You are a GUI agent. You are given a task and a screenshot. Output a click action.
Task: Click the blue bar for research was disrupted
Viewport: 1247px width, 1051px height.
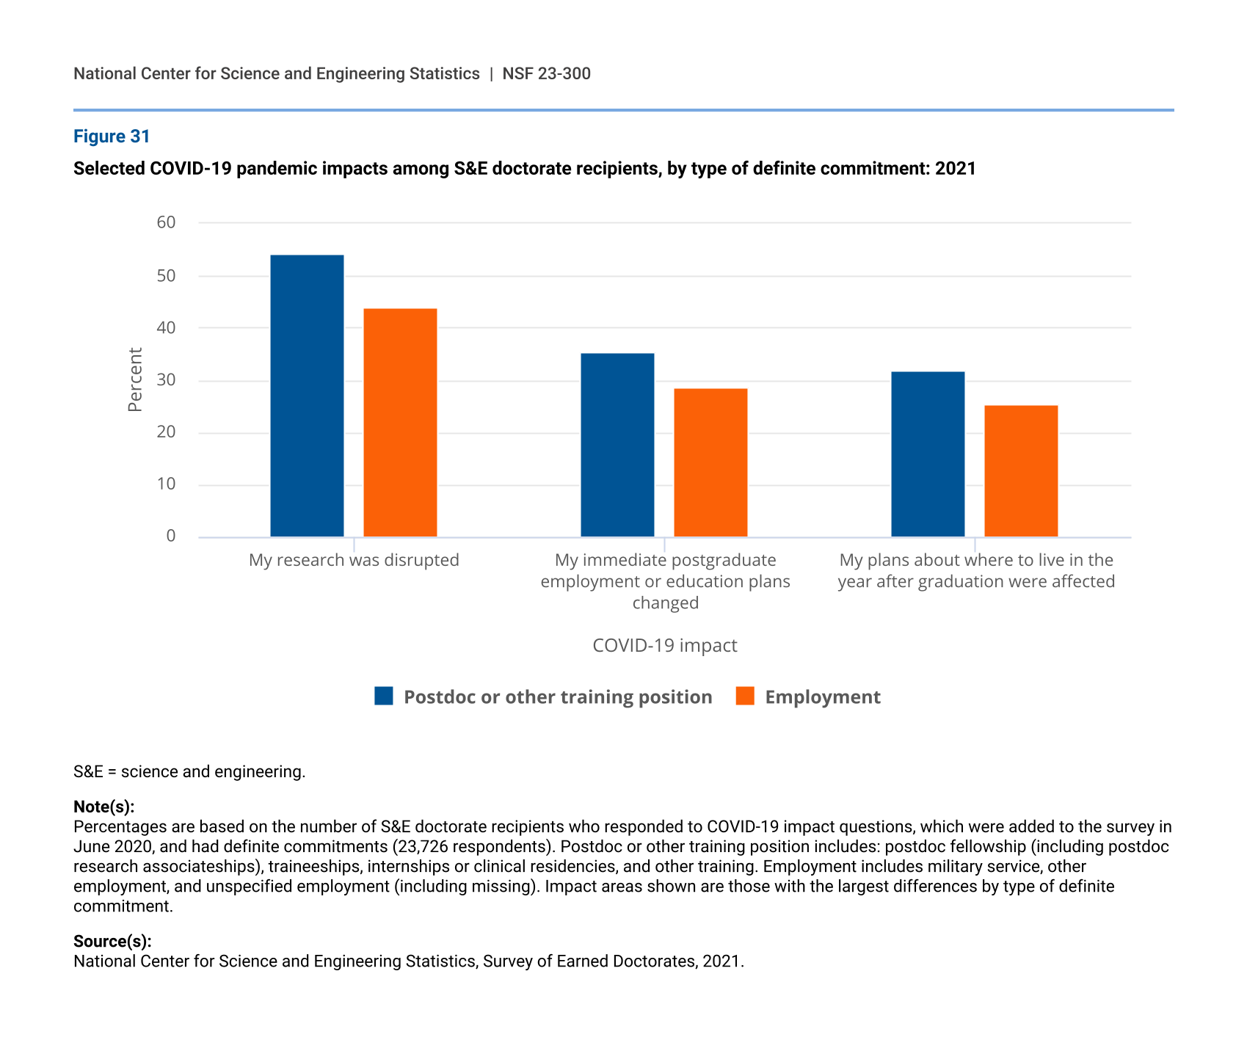(x=307, y=396)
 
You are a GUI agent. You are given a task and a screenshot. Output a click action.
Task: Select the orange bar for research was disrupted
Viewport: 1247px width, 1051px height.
(x=400, y=423)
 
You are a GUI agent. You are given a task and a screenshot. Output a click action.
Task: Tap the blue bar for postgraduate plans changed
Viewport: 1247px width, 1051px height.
(x=617, y=445)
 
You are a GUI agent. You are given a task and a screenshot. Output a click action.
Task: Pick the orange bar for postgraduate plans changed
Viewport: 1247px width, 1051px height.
(x=710, y=462)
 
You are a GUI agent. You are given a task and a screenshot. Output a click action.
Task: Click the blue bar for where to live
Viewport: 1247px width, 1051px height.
(x=928, y=454)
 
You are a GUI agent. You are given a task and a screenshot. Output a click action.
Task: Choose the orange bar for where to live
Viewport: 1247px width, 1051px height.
(x=1021, y=471)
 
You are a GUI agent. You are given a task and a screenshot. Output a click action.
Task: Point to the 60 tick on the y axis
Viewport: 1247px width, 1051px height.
(x=167, y=222)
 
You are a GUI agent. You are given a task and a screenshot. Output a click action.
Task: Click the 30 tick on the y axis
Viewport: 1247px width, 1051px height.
(x=167, y=380)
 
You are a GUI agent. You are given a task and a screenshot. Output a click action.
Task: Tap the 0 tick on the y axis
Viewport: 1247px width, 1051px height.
(x=171, y=537)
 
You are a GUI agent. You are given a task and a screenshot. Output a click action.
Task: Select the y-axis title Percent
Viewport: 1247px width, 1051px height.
(x=135, y=379)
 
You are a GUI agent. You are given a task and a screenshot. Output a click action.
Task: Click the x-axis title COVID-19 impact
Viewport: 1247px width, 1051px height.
(x=664, y=646)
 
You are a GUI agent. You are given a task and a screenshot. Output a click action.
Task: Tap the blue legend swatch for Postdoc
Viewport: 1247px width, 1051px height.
(x=384, y=696)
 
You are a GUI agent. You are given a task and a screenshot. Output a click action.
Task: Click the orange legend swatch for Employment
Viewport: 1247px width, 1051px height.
(x=745, y=696)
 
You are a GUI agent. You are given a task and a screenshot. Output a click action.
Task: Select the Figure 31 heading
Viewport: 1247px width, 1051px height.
(x=112, y=137)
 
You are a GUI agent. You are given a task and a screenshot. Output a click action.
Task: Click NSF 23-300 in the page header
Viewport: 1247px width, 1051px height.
(x=546, y=74)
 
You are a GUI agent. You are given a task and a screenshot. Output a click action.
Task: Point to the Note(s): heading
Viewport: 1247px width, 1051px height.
(x=103, y=807)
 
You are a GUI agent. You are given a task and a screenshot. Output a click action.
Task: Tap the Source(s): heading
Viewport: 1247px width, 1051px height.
(x=112, y=942)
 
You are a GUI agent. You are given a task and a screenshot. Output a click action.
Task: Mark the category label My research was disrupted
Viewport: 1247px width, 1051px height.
(x=354, y=561)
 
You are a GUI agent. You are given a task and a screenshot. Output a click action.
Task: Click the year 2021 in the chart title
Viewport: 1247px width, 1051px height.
(x=956, y=169)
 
